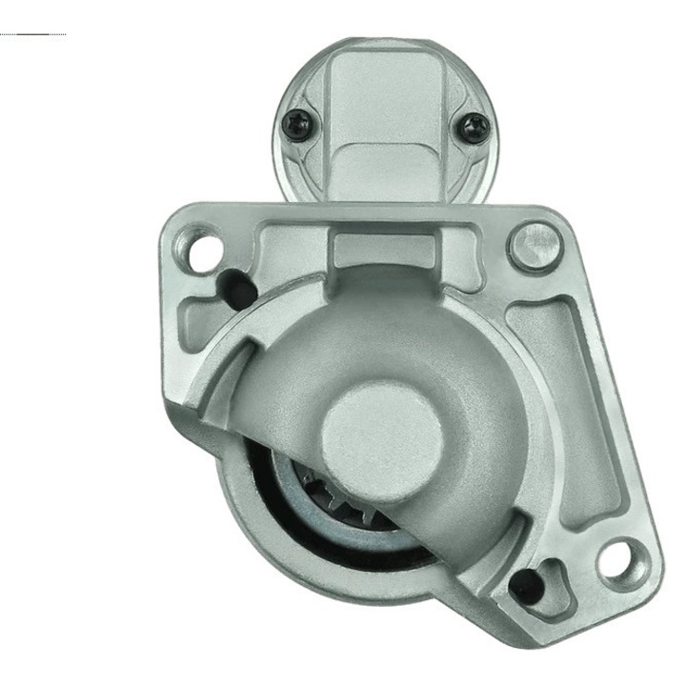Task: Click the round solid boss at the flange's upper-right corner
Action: coord(532,246)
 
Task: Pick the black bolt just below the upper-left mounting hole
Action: coord(232,285)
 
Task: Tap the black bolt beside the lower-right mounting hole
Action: coord(526,583)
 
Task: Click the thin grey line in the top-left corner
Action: coord(33,34)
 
